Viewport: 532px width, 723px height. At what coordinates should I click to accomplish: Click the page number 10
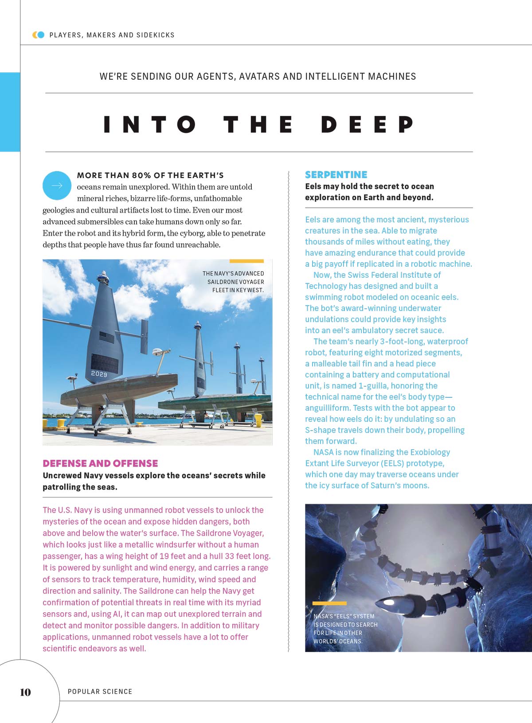[x=25, y=692]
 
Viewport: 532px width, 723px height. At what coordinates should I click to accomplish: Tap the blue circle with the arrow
[x=57, y=185]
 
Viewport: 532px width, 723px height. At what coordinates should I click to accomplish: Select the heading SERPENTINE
[x=336, y=175]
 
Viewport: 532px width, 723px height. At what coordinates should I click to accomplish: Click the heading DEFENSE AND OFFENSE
[x=100, y=463]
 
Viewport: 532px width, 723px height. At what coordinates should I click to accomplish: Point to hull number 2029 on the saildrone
[x=99, y=374]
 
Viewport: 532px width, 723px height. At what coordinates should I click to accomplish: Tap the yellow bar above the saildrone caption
[x=246, y=261]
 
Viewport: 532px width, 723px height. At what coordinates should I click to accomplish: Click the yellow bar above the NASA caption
[x=329, y=603]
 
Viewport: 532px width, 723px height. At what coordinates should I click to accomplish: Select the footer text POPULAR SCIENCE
[x=100, y=692]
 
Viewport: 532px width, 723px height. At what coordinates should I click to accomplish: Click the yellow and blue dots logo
[x=39, y=35]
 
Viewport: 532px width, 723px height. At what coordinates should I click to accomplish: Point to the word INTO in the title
[x=149, y=124]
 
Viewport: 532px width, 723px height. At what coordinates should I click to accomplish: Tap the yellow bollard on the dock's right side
[x=258, y=420]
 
